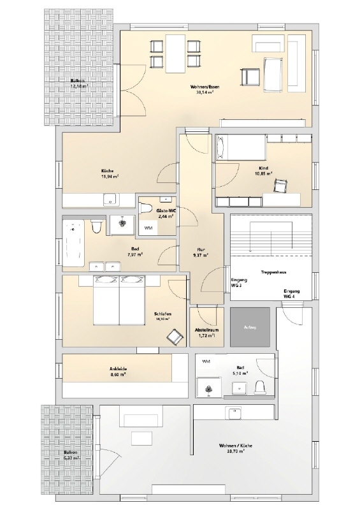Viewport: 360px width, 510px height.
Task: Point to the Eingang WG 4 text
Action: (x=291, y=294)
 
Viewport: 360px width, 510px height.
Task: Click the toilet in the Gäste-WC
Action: (x=146, y=208)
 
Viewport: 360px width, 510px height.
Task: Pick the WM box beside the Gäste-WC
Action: (x=148, y=228)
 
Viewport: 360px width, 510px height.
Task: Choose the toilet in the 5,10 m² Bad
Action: (x=260, y=387)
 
